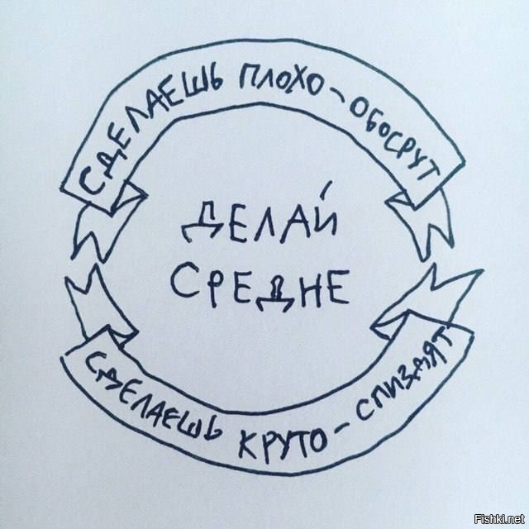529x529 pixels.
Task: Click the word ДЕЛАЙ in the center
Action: pyautogui.click(x=259, y=219)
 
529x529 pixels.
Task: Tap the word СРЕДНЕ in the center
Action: pyautogui.click(x=260, y=287)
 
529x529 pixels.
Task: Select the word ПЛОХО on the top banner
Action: pyautogui.click(x=281, y=82)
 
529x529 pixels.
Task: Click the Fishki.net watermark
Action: pyautogui.click(x=499, y=518)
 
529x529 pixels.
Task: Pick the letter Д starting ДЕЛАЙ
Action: pyautogui.click(x=201, y=222)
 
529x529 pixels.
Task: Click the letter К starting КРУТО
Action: pyautogui.click(x=248, y=443)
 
